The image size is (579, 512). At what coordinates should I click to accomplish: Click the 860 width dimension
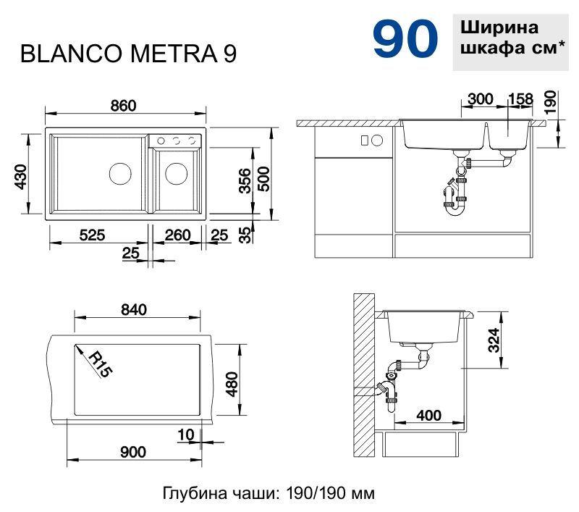[123, 105]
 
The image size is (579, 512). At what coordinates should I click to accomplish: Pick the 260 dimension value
[177, 235]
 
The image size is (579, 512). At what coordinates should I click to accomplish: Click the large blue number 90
[405, 40]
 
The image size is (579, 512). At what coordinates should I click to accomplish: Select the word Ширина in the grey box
[499, 28]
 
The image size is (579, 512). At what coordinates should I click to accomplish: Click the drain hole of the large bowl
[119, 174]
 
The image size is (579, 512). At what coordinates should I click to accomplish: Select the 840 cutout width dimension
[134, 310]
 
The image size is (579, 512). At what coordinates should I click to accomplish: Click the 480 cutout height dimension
[232, 384]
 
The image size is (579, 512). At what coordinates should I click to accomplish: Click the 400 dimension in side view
[429, 416]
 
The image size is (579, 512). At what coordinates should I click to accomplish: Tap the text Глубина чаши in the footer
[206, 494]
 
